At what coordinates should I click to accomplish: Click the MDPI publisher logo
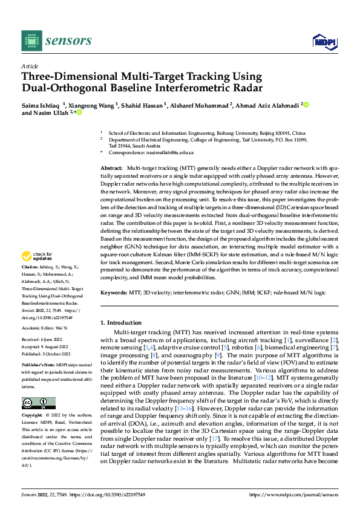tap(324, 41)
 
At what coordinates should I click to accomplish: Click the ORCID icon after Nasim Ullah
tap(79, 112)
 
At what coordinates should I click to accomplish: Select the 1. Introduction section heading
tap(123, 323)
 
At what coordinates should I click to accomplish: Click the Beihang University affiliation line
tap(206, 132)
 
